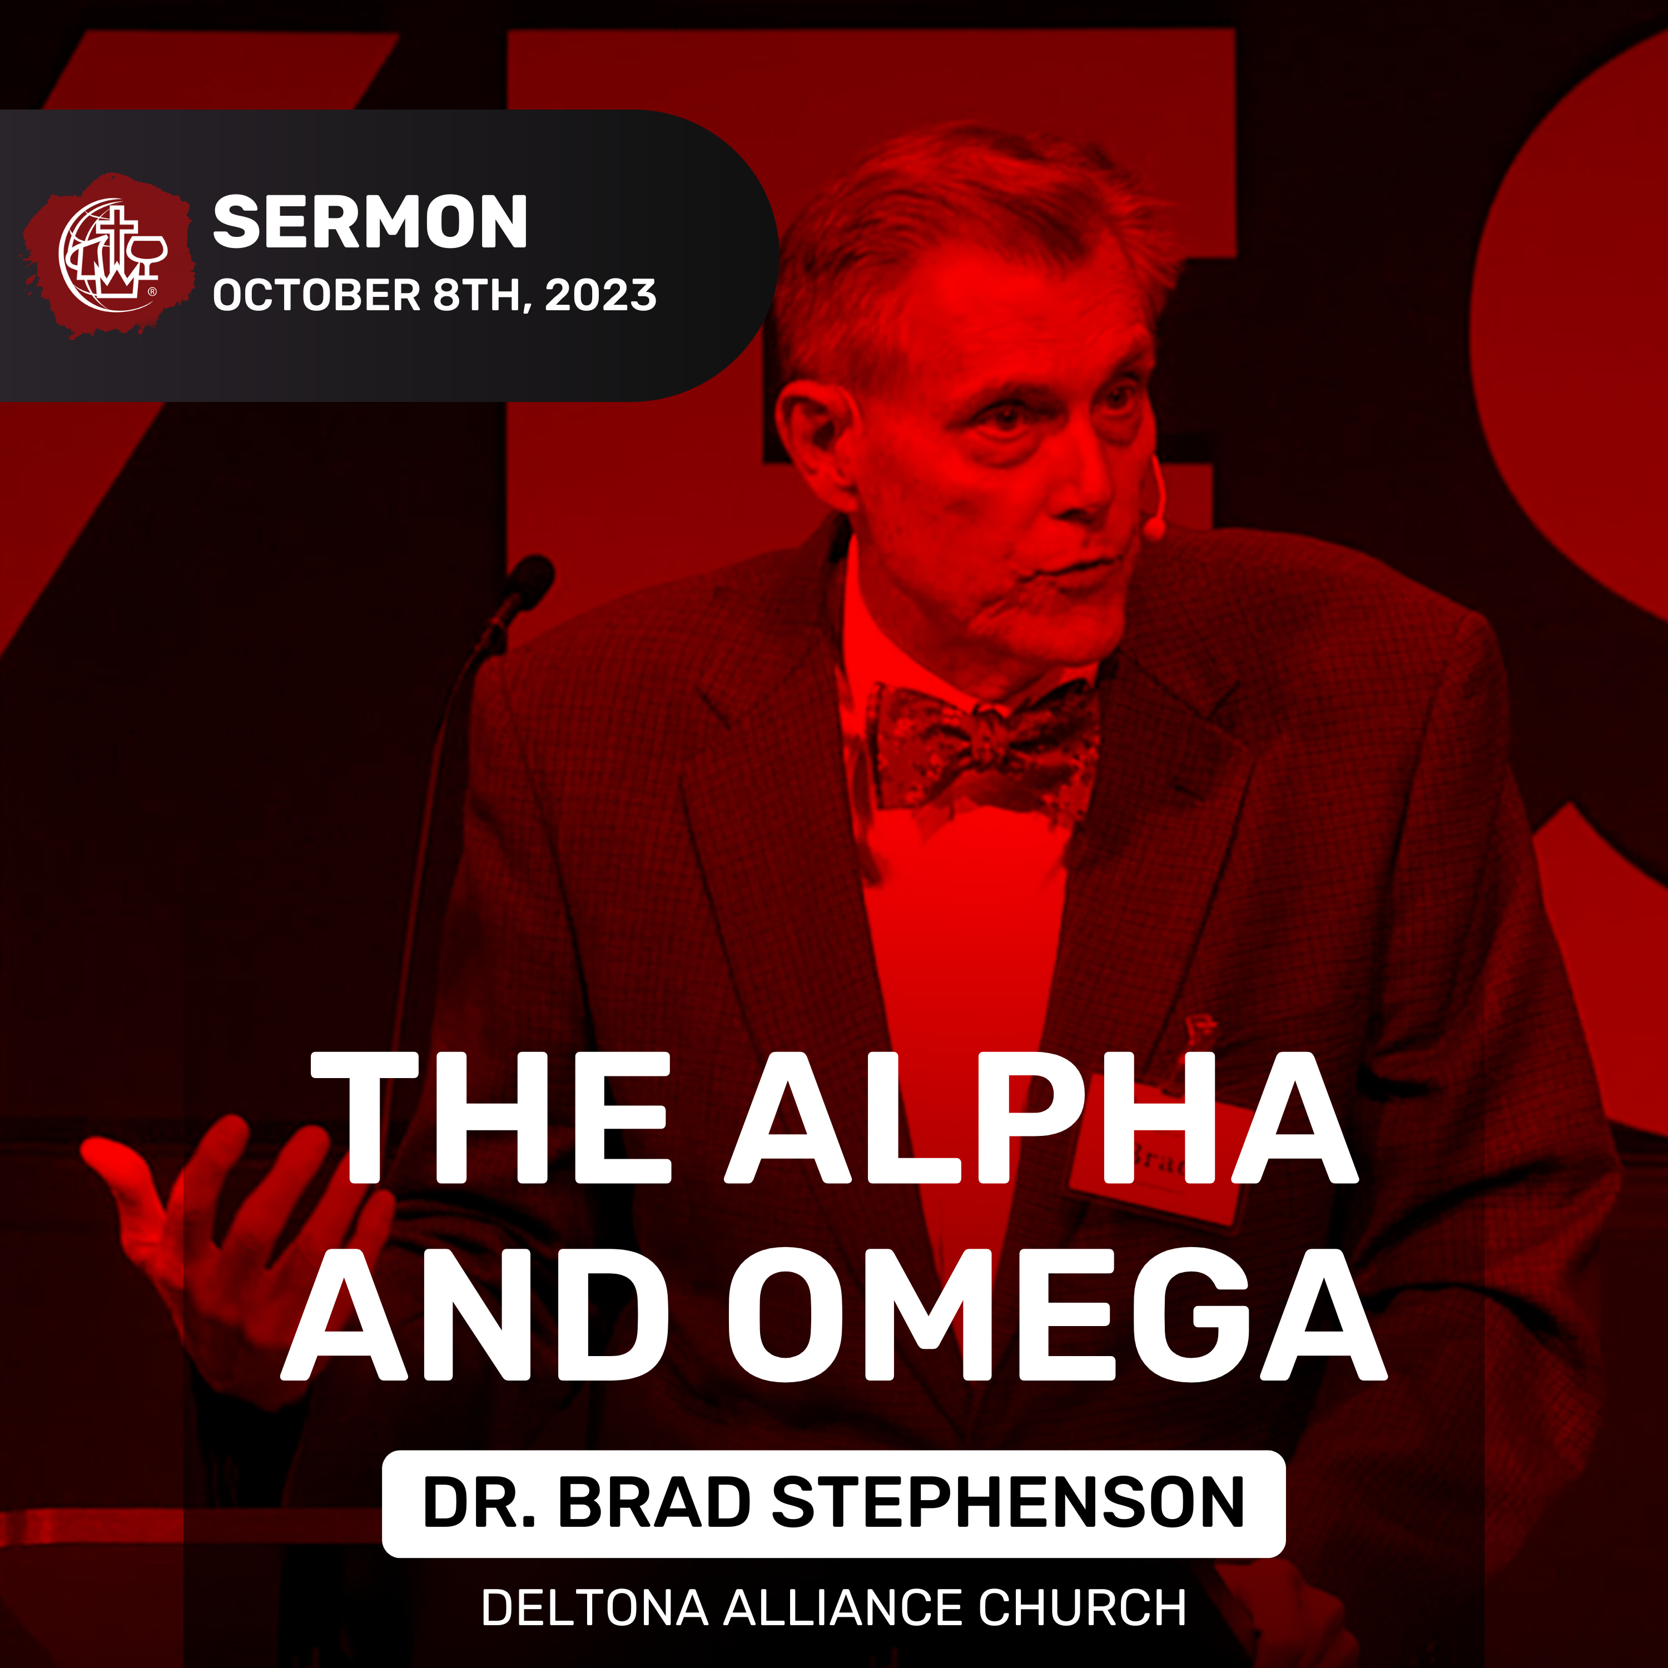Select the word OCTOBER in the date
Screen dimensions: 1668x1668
pos(316,295)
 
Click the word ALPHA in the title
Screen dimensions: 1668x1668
pos(1041,1118)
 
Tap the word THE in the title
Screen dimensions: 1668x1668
pos(490,1118)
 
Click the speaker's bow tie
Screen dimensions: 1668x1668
pos(984,747)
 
